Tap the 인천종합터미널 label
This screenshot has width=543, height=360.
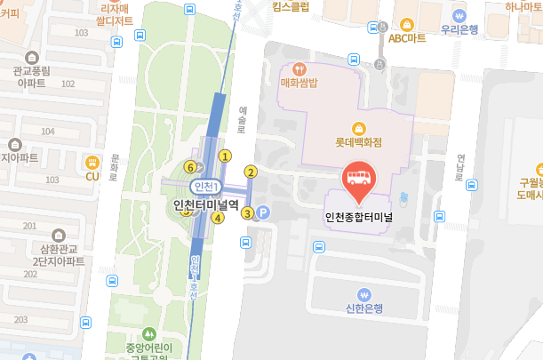[x=359, y=215]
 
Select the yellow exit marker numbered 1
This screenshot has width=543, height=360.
[x=225, y=156]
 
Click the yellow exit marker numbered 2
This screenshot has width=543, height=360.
[x=251, y=172]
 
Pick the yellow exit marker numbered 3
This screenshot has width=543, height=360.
[x=248, y=212]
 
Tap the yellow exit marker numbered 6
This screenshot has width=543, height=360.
[x=189, y=166]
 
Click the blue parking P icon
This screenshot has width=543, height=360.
[x=263, y=212]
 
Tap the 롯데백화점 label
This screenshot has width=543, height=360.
[x=359, y=141]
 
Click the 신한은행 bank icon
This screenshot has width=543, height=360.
[x=363, y=294]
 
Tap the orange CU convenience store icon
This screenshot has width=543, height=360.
[x=92, y=162]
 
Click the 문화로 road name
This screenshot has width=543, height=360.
[x=113, y=165]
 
